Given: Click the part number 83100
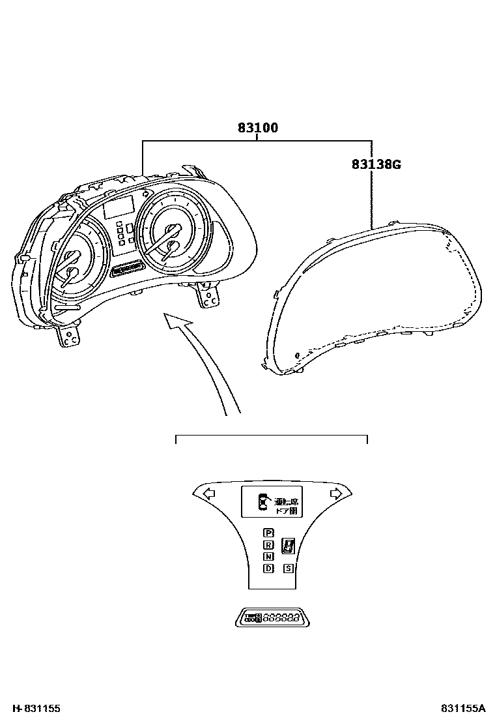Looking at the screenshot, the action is (x=257, y=128).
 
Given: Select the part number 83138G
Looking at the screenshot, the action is (x=376, y=164).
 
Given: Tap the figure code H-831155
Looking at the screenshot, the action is (x=31, y=708).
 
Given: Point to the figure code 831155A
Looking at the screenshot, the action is (x=463, y=708).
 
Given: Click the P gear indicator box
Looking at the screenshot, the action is (x=268, y=533).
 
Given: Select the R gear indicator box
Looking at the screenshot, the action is (x=268, y=545).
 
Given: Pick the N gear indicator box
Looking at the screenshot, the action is (x=268, y=556).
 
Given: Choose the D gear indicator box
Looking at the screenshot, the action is (x=268, y=568).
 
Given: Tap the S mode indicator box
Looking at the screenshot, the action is (x=289, y=569).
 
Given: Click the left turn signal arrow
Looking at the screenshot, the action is (x=208, y=494).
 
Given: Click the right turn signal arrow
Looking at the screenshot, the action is (x=335, y=494).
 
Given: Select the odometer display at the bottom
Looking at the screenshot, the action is (x=272, y=617).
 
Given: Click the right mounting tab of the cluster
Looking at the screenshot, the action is (x=209, y=297).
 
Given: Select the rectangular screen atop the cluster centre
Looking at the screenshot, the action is (x=119, y=207).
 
